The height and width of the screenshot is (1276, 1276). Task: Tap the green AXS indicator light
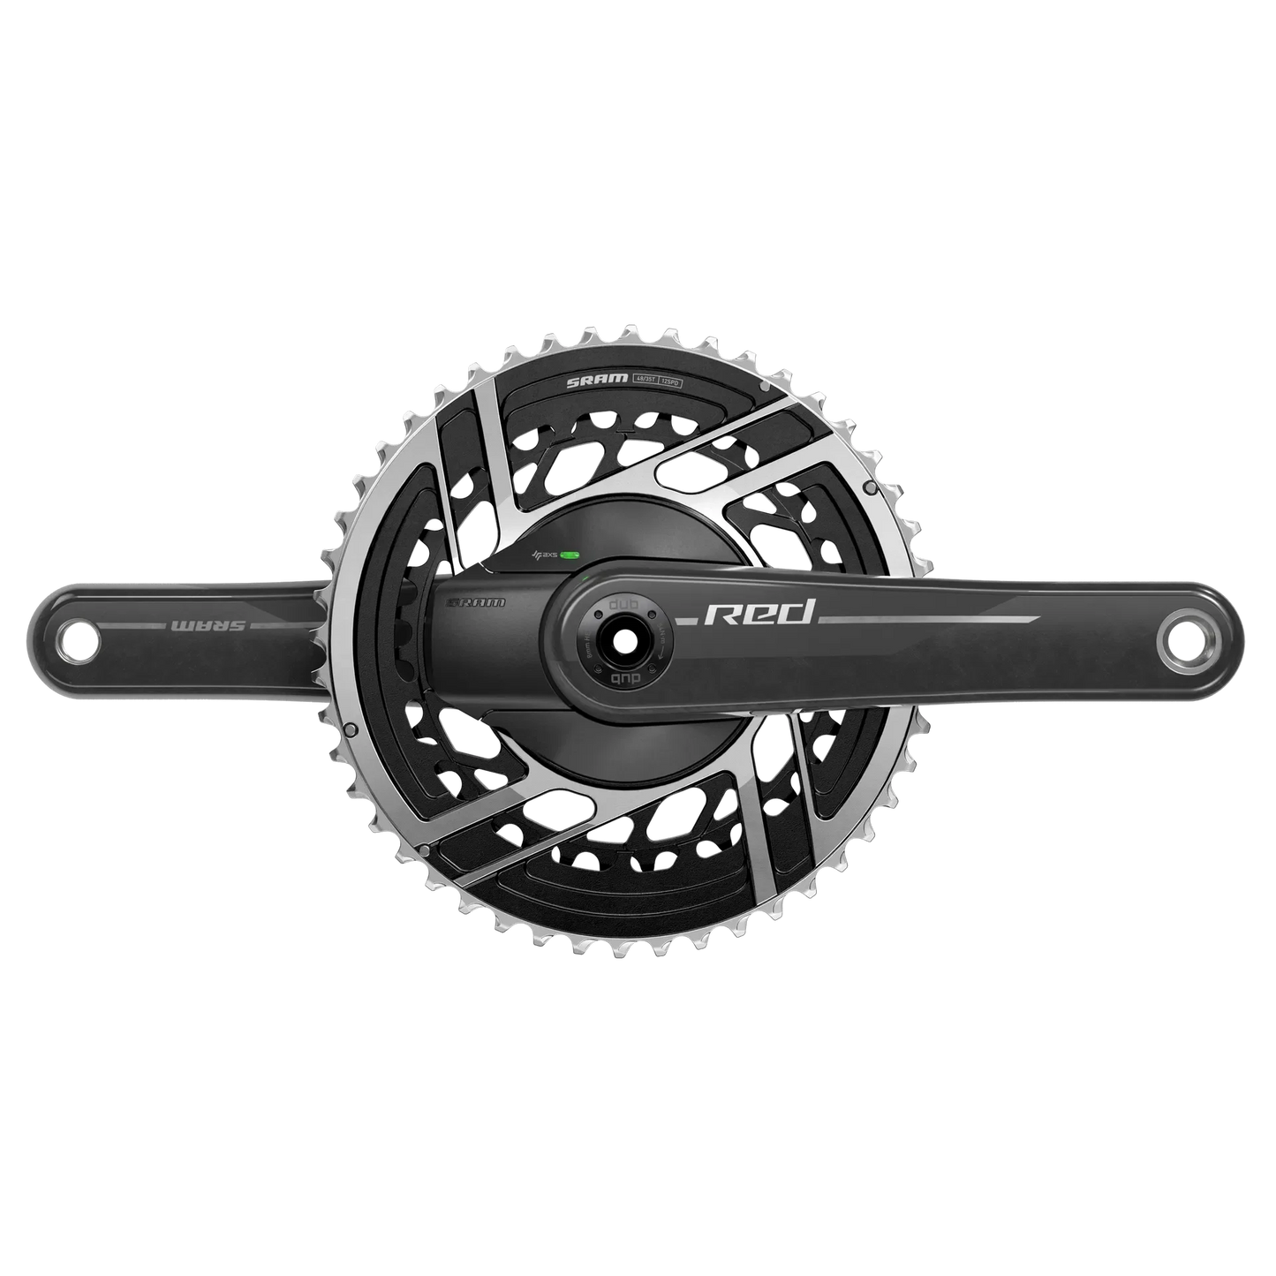point(570,555)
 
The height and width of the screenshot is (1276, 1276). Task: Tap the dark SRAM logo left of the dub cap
point(477,604)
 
